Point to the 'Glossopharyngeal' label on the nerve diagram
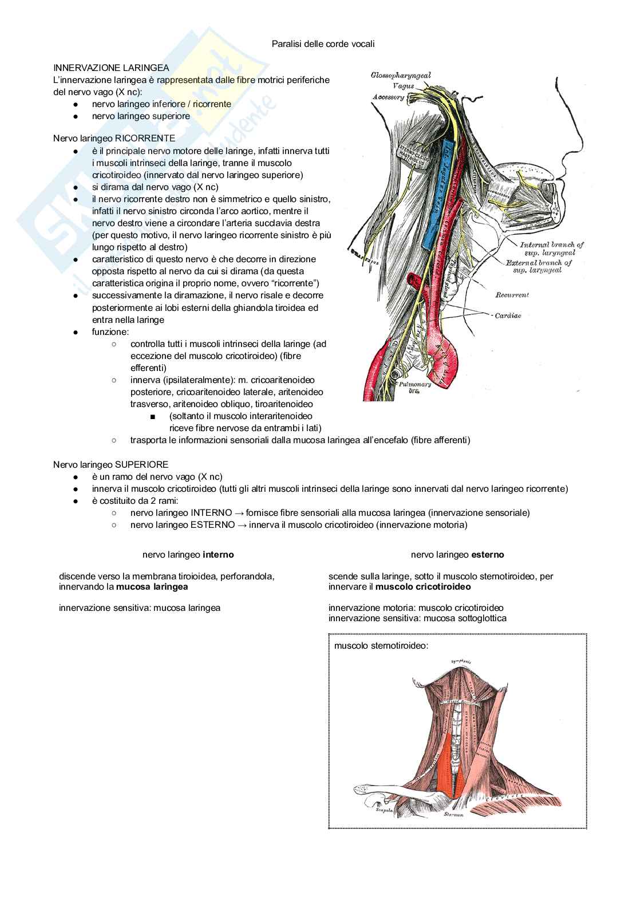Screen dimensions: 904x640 [x=401, y=75]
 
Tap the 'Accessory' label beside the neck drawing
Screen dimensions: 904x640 [x=389, y=97]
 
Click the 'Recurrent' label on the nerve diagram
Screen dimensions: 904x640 [x=511, y=295]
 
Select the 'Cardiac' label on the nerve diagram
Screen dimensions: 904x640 [x=508, y=315]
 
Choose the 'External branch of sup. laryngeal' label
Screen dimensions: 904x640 [x=539, y=266]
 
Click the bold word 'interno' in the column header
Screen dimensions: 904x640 [x=218, y=555]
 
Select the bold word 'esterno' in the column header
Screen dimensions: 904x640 [x=488, y=555]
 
